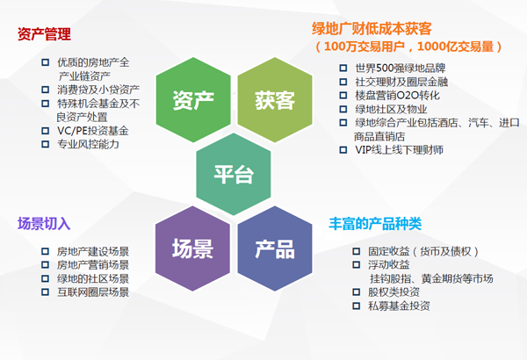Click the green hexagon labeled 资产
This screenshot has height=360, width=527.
click(193, 100)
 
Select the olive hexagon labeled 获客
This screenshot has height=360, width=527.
click(275, 100)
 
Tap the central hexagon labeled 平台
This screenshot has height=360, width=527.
click(234, 174)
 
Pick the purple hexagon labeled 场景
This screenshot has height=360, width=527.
click(192, 248)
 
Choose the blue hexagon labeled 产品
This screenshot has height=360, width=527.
click(275, 248)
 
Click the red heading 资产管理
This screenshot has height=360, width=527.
click(44, 34)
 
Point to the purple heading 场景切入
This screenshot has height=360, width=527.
click(44, 224)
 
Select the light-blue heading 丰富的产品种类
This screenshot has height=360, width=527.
click(375, 224)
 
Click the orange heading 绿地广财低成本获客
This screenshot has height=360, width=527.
click(372, 29)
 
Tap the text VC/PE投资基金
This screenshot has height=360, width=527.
click(93, 131)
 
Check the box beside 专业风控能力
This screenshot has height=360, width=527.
click(45, 144)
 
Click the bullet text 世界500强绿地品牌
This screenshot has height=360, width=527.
click(401, 68)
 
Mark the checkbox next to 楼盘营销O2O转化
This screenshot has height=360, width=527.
click(343, 96)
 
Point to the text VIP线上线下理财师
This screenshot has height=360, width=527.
click(400, 149)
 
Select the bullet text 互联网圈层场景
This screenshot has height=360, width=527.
click(93, 292)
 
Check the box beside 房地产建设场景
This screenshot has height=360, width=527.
click(45, 251)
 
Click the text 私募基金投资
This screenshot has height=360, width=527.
click(399, 306)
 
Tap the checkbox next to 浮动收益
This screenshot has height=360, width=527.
click(357, 265)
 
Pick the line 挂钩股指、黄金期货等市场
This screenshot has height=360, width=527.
click(431, 278)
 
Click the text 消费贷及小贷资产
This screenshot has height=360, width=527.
click(98, 90)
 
